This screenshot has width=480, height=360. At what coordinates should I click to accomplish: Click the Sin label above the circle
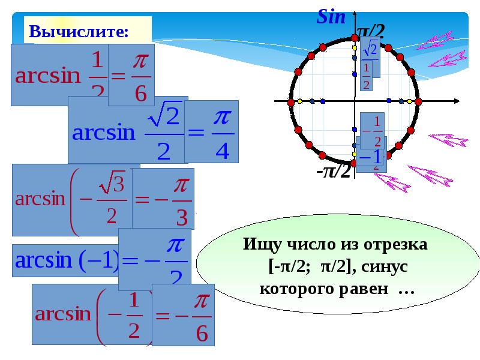click(x=331, y=17)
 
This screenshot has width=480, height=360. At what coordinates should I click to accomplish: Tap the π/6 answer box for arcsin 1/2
click(x=131, y=75)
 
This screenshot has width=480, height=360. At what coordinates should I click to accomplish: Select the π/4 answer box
click(x=211, y=131)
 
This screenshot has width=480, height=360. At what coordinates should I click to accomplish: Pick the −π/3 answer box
click(x=163, y=198)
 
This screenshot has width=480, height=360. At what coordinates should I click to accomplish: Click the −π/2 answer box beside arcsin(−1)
click(x=155, y=260)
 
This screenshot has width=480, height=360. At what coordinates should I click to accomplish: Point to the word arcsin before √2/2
click(x=104, y=133)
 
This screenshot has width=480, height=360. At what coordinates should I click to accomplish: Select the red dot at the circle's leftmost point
click(x=290, y=102)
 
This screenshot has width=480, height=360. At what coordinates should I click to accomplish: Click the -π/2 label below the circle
click(x=334, y=172)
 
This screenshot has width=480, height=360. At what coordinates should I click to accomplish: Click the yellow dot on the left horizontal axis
click(x=299, y=102)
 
